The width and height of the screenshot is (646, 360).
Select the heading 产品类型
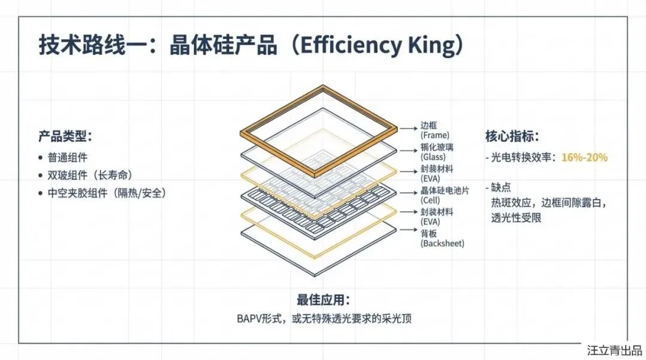tap(65, 136)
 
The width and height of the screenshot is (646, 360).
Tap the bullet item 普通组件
tap(68, 158)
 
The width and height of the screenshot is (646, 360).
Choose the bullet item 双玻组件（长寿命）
tap(90, 175)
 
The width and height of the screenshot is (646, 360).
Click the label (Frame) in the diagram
tap(435, 136)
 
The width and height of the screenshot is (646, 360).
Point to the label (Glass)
tap(434, 157)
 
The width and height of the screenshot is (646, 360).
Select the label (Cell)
tap(432, 201)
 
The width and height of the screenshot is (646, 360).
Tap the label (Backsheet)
tap(442, 243)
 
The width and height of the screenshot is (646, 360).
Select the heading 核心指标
tap(512, 136)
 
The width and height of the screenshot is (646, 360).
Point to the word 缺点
tap(501, 187)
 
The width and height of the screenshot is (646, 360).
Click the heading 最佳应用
tap(323, 300)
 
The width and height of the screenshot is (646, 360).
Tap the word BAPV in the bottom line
tap(250, 318)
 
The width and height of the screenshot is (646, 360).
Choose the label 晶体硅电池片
tap(446, 191)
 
